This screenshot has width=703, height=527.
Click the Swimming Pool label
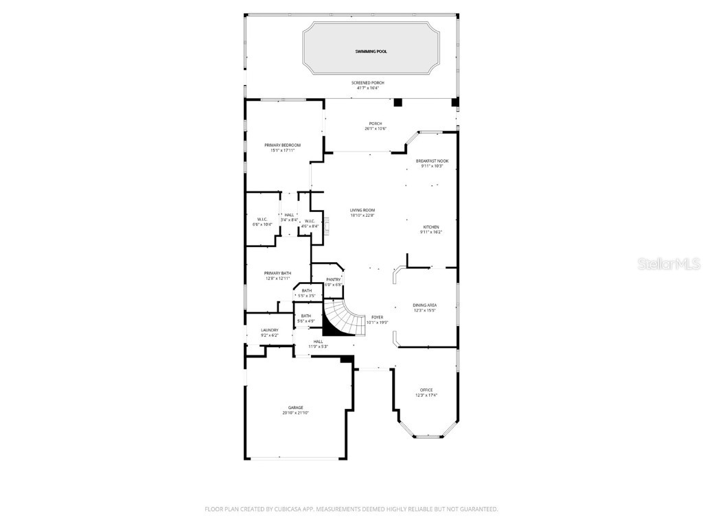(371, 51)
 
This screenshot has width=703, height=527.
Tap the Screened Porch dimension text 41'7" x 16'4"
(367, 88)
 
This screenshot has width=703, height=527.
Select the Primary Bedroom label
(283, 145)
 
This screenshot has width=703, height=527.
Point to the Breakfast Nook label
(432, 161)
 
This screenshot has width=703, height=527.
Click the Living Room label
(362, 210)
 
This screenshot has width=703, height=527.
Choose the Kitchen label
(430, 226)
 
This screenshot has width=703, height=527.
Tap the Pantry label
(334, 279)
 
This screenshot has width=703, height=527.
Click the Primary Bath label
(277, 273)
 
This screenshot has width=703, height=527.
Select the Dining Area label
(425, 305)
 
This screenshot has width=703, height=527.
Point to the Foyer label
(377, 317)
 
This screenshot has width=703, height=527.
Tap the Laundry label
(269, 330)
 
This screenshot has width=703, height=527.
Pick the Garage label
(295, 408)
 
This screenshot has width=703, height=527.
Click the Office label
(426, 390)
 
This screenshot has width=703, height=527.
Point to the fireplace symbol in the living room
(327, 225)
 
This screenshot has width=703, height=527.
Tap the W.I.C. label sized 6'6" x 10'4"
(262, 219)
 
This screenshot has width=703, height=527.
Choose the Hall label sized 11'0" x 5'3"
(318, 341)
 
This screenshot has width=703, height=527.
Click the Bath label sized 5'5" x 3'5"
(306, 290)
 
